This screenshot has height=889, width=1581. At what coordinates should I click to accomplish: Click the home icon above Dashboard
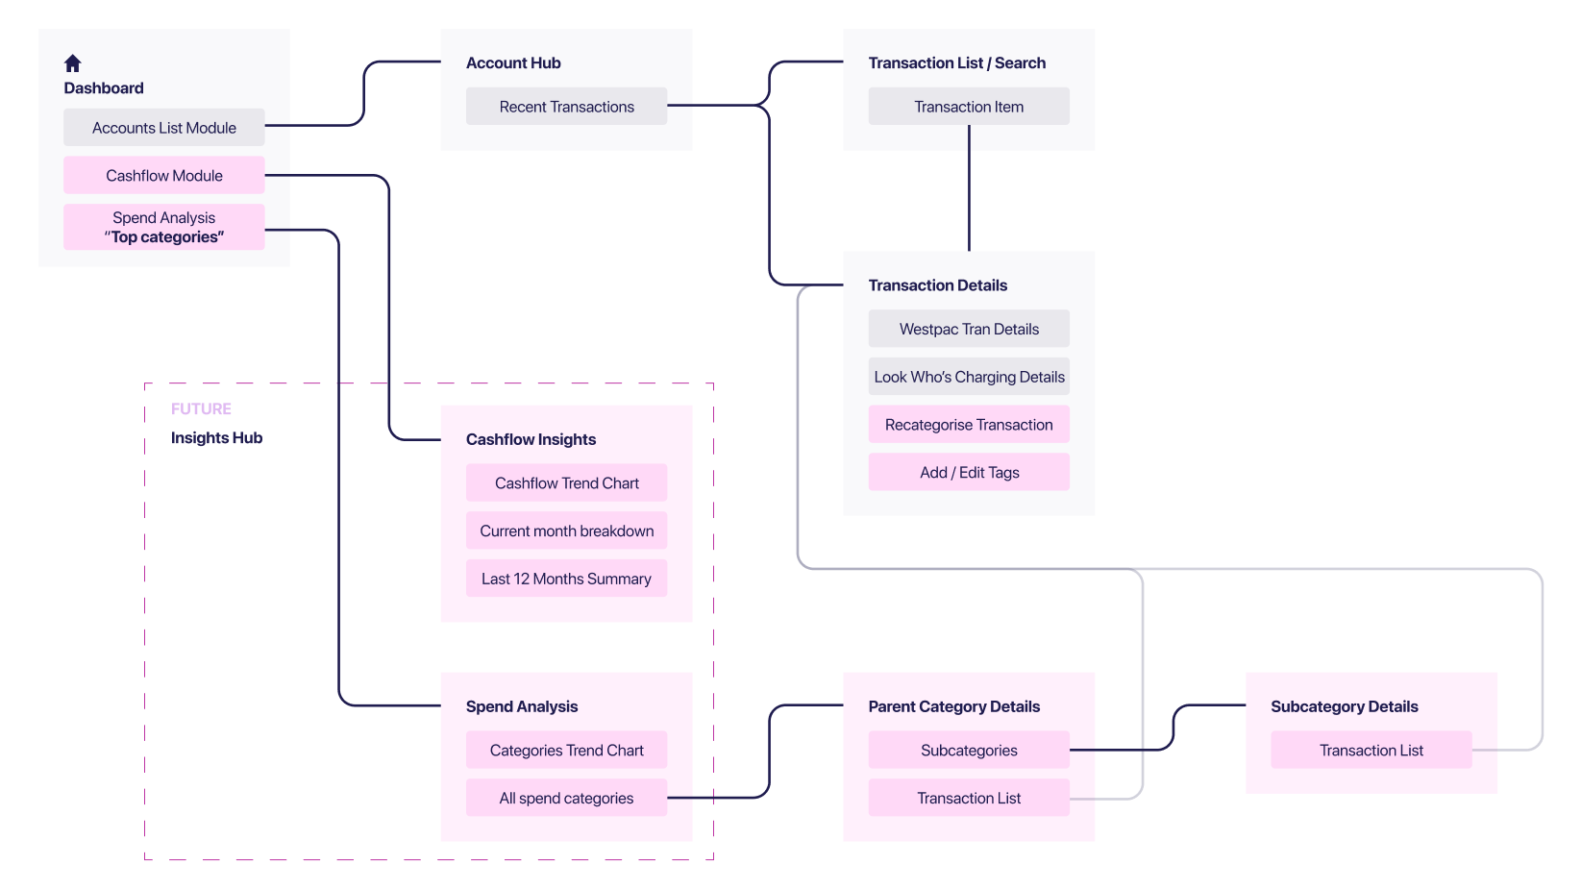tap(72, 63)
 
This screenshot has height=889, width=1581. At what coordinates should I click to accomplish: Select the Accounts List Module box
tap(163, 128)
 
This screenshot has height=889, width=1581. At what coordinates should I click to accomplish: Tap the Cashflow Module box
tap(163, 176)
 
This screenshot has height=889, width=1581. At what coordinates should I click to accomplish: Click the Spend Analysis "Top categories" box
tap(163, 228)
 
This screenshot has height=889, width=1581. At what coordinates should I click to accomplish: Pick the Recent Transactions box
tap(566, 107)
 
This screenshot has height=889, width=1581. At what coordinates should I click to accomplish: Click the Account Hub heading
tap(513, 63)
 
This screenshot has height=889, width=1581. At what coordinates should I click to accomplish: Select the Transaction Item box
tap(969, 107)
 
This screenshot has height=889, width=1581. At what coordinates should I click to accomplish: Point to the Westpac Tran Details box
tap(969, 329)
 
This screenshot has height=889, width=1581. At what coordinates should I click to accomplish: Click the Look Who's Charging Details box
tap(969, 377)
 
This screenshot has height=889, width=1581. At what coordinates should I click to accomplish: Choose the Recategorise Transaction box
tap(969, 425)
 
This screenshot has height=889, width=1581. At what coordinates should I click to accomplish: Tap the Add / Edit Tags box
tap(969, 473)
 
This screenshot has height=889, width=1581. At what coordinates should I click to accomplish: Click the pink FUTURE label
tap(201, 409)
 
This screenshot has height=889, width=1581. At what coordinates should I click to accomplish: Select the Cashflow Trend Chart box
tap(566, 483)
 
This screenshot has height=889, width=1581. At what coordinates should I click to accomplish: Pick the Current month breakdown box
tap(566, 531)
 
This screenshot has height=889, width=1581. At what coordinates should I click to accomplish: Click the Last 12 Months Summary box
tap(566, 579)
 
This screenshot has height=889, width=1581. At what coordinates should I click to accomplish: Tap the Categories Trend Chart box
tap(566, 751)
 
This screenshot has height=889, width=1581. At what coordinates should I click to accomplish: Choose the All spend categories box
tap(566, 799)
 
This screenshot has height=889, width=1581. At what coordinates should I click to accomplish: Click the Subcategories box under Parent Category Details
tap(969, 751)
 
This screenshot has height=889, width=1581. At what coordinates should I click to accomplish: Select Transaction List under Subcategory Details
tap(1371, 751)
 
